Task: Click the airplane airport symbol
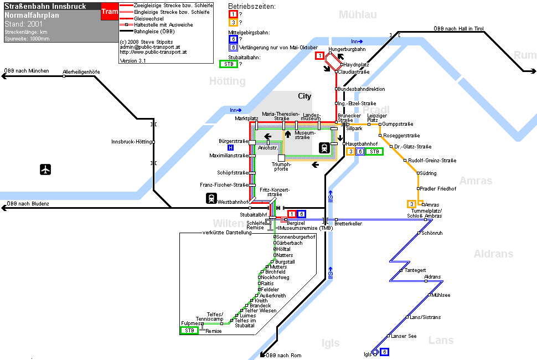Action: point(45,169)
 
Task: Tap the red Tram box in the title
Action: point(110,11)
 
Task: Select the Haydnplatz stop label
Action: point(356,65)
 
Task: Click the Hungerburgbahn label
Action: point(347,49)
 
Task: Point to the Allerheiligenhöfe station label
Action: point(81,72)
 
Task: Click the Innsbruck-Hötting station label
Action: point(132,142)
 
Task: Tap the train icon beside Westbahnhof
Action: point(211,198)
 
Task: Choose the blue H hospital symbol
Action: point(230,148)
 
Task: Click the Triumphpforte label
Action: point(281,167)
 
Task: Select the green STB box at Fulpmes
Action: point(189,331)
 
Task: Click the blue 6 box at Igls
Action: point(385,352)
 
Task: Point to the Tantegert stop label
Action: point(415,270)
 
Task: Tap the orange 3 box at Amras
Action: point(411,204)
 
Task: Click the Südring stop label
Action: point(428,173)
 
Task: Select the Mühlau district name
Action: point(358,14)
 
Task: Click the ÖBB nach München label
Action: point(27,71)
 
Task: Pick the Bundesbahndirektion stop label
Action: point(362,89)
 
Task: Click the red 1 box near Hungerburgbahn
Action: point(319,55)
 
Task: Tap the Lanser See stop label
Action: point(404,336)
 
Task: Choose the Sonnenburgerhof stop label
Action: point(296,237)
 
